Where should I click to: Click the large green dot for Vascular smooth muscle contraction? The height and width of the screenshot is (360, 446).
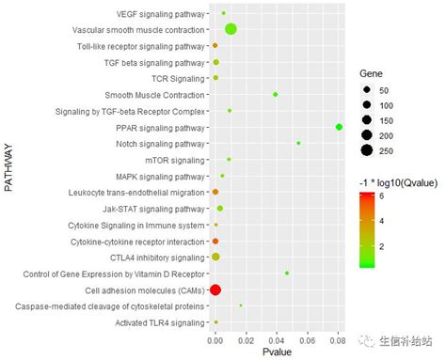coord(231,29)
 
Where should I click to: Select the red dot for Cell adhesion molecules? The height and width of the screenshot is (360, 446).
coord(215,290)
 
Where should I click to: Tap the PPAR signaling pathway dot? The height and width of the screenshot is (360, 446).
coord(339,127)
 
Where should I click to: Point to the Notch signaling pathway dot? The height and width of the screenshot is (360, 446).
coord(298,143)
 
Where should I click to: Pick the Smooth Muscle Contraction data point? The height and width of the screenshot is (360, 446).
coord(276,94)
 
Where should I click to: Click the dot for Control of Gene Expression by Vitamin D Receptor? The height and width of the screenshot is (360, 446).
coord(287,274)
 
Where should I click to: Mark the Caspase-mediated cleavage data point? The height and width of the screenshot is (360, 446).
coord(241,305)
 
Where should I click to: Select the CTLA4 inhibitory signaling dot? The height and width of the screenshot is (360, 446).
coord(215,257)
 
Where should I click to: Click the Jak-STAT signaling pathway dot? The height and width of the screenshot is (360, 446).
coord(220,209)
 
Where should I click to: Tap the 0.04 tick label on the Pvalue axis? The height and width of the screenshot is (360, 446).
coord(277,340)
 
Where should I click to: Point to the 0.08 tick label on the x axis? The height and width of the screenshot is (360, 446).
coord(338,340)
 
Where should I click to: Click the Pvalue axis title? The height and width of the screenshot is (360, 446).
coord(277,352)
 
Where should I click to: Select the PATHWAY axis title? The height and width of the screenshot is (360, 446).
coord(8,167)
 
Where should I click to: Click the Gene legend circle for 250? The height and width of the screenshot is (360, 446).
coord(367,150)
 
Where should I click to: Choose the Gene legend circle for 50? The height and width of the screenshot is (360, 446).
coord(367,90)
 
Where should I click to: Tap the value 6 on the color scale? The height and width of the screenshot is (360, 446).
coord(382,196)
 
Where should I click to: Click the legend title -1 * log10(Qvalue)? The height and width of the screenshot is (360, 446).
coord(398,183)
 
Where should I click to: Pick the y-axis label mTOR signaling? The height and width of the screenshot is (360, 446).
coord(175,161)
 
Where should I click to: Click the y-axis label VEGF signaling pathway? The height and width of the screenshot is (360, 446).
coord(160,14)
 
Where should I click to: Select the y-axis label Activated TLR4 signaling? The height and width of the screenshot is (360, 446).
coord(160,322)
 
